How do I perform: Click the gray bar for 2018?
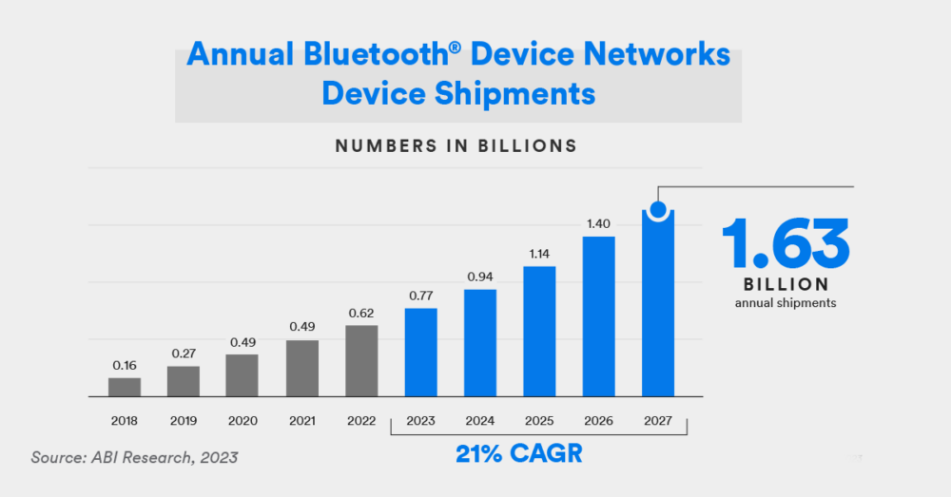tap(124, 387)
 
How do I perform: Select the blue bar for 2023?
tap(420, 352)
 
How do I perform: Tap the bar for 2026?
tap(598, 315)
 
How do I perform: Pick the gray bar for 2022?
tap(361, 360)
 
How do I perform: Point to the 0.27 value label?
tap(183, 354)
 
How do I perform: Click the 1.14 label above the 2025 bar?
tap(539, 254)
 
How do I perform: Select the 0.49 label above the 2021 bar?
tap(301, 327)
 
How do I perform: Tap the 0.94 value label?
tap(480, 277)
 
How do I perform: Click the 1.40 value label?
tap(598, 223)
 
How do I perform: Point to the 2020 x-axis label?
tap(243, 421)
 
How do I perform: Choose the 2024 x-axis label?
tap(480, 421)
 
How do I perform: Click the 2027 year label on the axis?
tap(658, 421)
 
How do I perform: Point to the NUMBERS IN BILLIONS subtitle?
tap(456, 146)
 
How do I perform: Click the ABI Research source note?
tap(134, 457)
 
